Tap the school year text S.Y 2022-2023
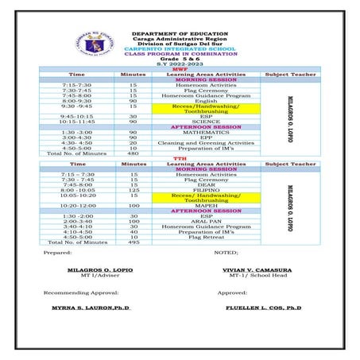(180, 64)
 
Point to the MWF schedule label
(180, 69)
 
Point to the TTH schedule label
(180, 158)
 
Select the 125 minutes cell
(133, 189)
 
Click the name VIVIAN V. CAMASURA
(259, 271)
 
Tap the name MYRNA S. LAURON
(91, 307)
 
